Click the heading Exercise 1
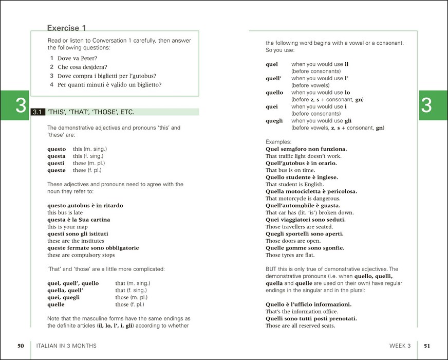(x=66, y=28)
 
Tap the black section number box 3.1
(x=37, y=112)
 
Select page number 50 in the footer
(x=21, y=346)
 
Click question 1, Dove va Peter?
(x=77, y=59)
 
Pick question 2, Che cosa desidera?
(x=82, y=67)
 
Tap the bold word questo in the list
(x=56, y=149)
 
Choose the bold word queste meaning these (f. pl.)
(x=56, y=170)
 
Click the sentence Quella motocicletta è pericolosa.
(x=311, y=191)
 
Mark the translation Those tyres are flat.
(x=290, y=255)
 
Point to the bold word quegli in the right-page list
(x=274, y=121)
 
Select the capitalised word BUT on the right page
(x=272, y=269)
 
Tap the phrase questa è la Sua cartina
(x=79, y=220)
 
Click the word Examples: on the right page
(x=278, y=141)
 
